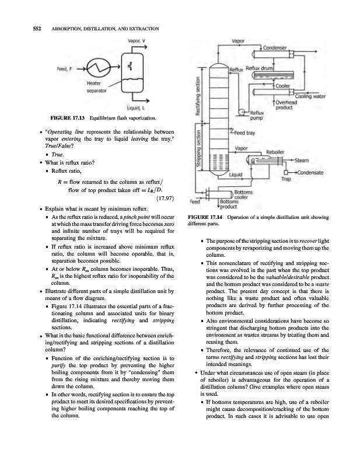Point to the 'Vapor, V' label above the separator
pyautogui.click(x=137, y=41)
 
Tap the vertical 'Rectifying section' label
pyautogui.click(x=198, y=96)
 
